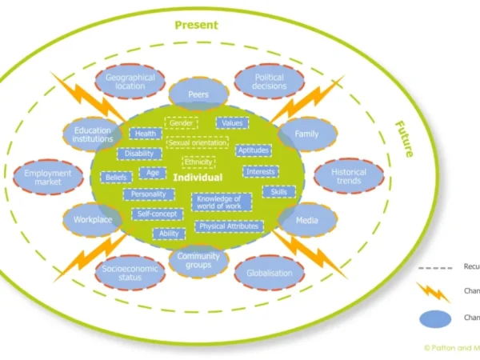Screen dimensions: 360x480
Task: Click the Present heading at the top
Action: click(x=196, y=25)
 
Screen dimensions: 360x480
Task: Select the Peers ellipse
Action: click(x=198, y=94)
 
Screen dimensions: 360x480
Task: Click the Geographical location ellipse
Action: click(x=130, y=82)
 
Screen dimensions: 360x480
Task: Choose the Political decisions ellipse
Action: click(x=269, y=82)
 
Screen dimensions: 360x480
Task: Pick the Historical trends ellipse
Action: click(x=348, y=176)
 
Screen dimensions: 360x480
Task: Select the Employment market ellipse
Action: click(x=47, y=178)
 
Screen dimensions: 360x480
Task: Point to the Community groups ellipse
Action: click(x=198, y=259)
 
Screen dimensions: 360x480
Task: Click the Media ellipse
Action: click(x=307, y=218)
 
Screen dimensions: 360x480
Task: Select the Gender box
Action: click(x=181, y=124)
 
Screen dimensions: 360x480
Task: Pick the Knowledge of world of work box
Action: click(x=222, y=202)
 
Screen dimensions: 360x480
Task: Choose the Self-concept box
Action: click(x=155, y=214)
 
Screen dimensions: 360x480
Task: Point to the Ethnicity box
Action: click(x=198, y=162)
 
